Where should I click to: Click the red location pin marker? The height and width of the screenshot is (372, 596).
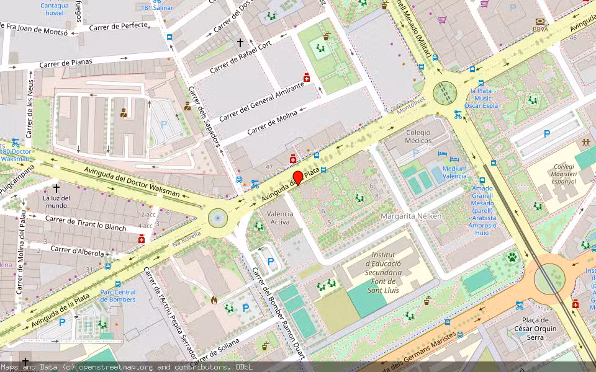[x=298, y=177]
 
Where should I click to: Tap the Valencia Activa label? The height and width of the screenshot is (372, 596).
[x=279, y=218]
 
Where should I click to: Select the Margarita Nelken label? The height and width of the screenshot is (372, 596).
[x=410, y=216]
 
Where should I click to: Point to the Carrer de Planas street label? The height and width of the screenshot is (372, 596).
[x=65, y=63]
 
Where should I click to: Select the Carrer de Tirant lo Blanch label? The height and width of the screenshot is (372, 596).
[x=85, y=223]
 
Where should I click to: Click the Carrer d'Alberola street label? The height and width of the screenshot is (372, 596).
[x=77, y=250]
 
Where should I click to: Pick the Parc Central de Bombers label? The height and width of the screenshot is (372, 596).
[x=117, y=296]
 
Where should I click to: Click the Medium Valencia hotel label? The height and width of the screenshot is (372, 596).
[x=454, y=172]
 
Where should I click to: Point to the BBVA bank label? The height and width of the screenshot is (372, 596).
[x=540, y=29]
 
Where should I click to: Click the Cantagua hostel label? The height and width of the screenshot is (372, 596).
[x=55, y=9]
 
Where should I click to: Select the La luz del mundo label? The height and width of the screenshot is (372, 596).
[x=56, y=201]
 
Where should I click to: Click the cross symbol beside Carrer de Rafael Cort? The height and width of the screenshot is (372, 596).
[x=240, y=43]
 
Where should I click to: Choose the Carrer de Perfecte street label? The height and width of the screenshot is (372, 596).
[x=119, y=26]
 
